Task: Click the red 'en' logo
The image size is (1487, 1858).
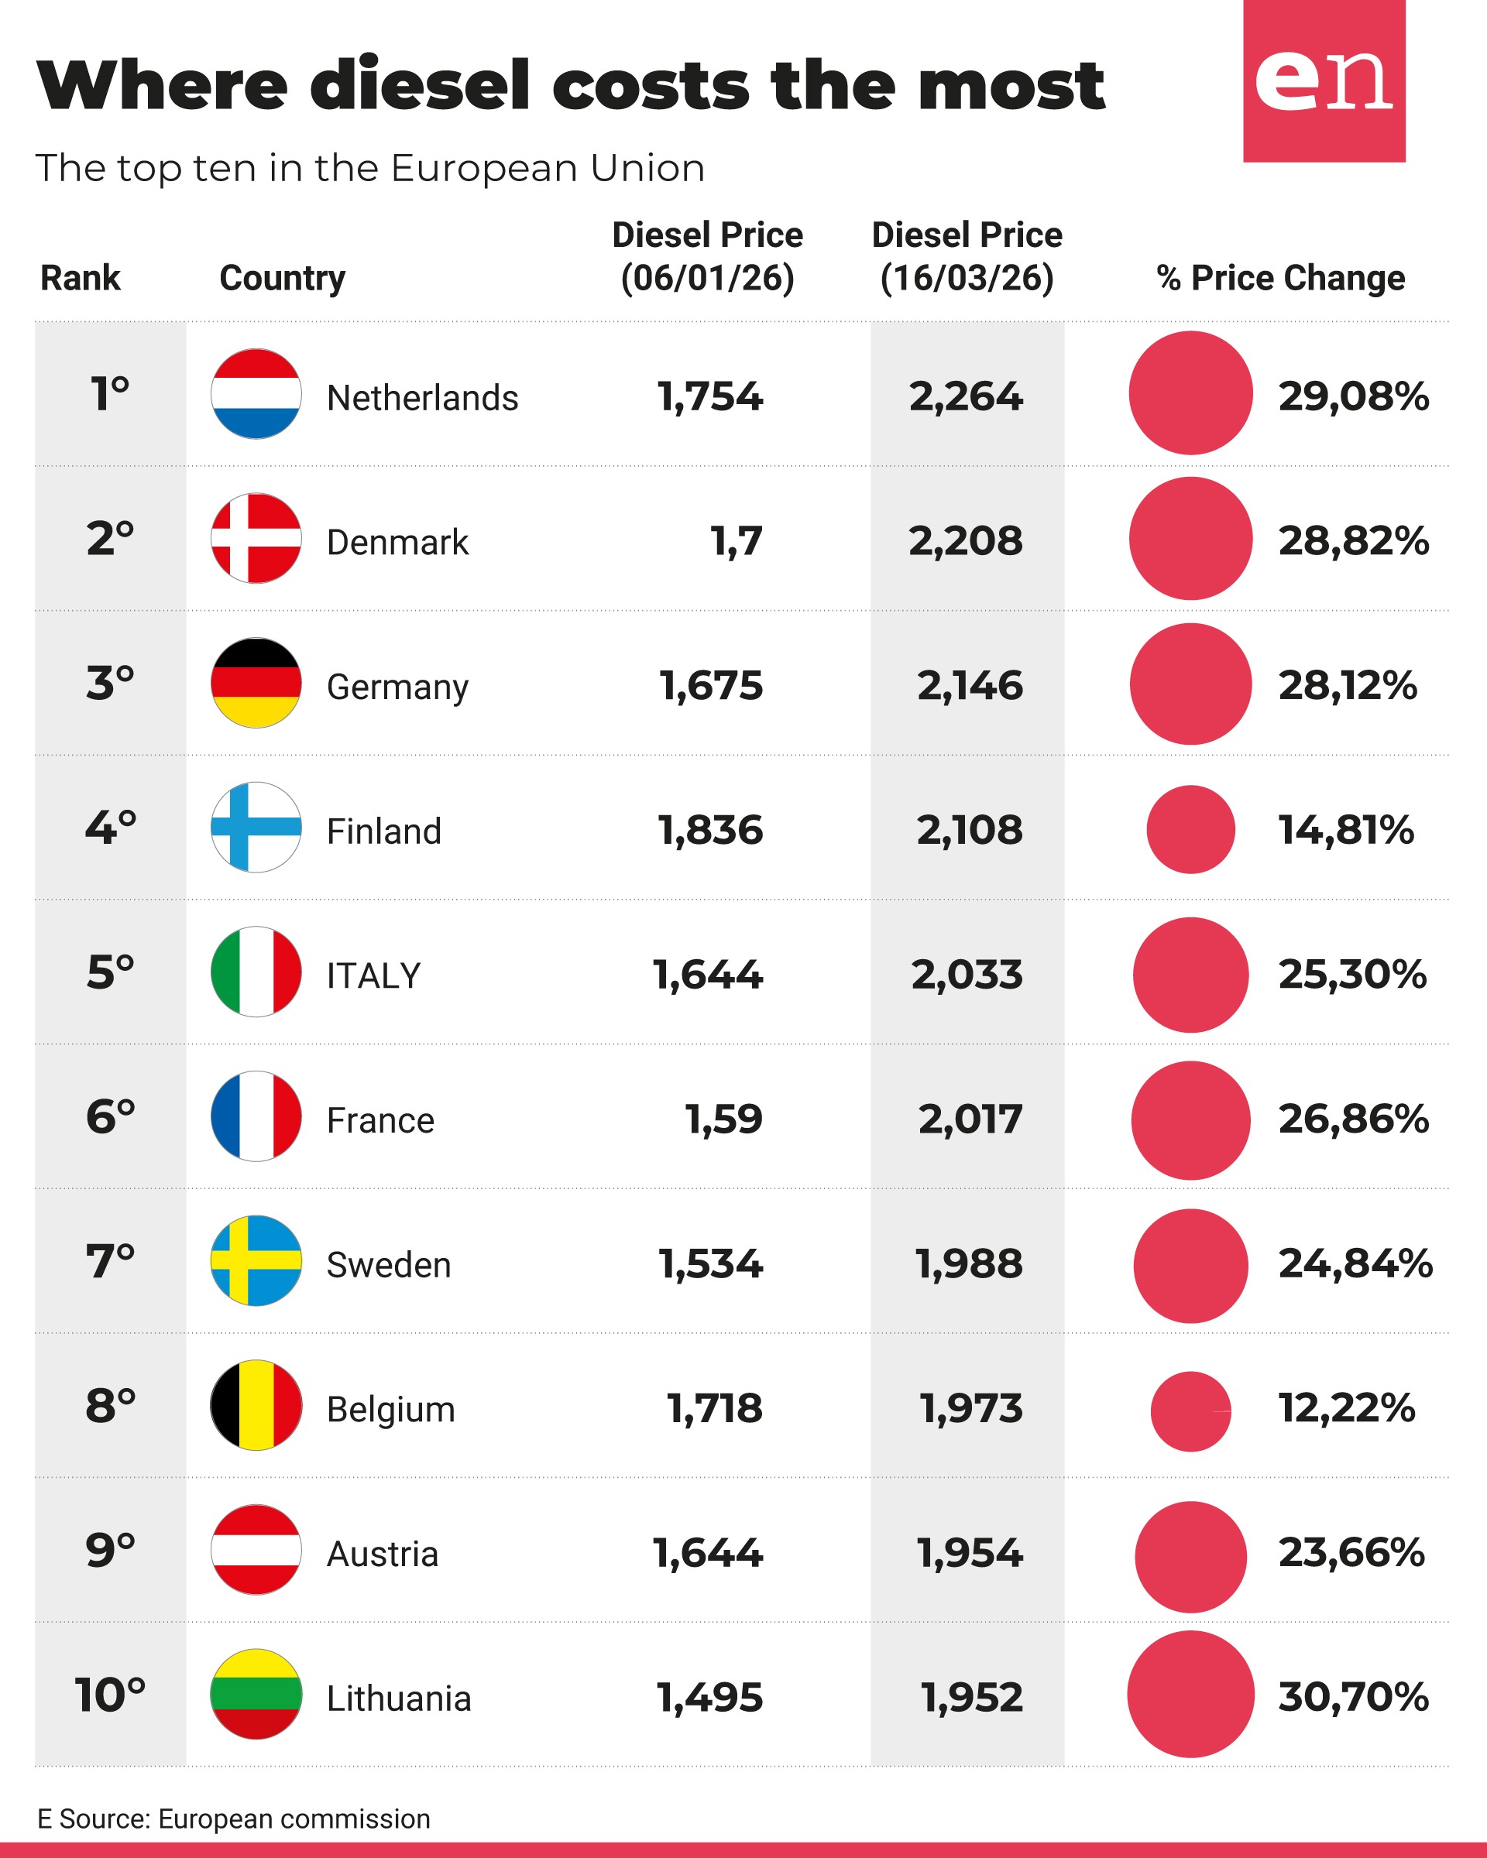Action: pyautogui.click(x=1324, y=81)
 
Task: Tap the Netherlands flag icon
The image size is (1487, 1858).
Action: pyautogui.click(x=256, y=394)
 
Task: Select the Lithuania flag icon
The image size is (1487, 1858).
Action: pyautogui.click(x=256, y=1693)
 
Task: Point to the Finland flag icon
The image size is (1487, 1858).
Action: pyautogui.click(x=256, y=828)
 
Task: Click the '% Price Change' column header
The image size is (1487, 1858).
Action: pyautogui.click(x=1280, y=279)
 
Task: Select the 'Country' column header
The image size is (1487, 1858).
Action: pyautogui.click(x=282, y=279)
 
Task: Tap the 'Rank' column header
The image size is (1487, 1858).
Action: pyautogui.click(x=81, y=279)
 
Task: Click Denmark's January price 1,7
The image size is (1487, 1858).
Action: pyautogui.click(x=737, y=541)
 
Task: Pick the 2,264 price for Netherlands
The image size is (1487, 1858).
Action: pyautogui.click(x=966, y=396)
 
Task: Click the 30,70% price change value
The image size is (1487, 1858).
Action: pyautogui.click(x=1352, y=1696)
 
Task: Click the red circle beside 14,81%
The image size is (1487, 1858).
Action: pyautogui.click(x=1190, y=829)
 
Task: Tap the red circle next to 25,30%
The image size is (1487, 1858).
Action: pyautogui.click(x=1190, y=974)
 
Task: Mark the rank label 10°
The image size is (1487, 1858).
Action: pyautogui.click(x=109, y=1694)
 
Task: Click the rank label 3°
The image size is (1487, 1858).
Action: pyautogui.click(x=109, y=684)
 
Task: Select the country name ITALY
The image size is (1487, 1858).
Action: pyautogui.click(x=373, y=975)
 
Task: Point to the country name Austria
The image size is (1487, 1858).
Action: pyautogui.click(x=382, y=1554)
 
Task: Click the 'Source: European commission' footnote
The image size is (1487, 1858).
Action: pyautogui.click(x=234, y=1819)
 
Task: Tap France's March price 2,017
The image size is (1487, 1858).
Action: pyautogui.click(x=970, y=1119)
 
